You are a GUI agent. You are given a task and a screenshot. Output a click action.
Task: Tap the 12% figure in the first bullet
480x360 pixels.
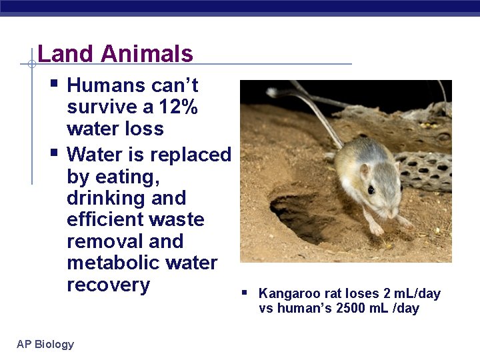tap(178, 107)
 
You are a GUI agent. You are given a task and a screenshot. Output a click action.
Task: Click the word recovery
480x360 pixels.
tap(108, 285)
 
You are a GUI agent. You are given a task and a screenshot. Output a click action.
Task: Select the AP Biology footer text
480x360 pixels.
tap(45, 344)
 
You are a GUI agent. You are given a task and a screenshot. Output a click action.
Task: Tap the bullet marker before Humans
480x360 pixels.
tap(54, 84)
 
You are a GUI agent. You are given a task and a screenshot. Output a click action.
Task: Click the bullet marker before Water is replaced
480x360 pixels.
tap(54, 153)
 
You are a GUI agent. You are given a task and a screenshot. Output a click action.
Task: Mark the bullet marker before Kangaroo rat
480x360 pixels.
tap(245, 292)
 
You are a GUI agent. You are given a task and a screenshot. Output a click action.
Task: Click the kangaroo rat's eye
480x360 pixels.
tap(371, 190)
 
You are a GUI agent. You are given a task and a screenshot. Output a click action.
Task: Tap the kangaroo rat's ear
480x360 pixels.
tap(364, 171)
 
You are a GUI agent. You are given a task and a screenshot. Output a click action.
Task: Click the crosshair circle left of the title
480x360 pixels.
tap(31, 64)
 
